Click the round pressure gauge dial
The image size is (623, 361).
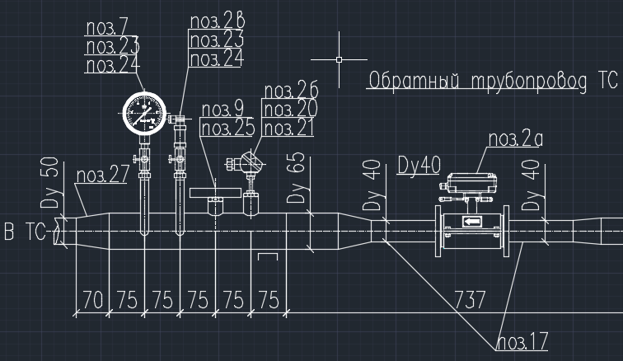click(x=144, y=112)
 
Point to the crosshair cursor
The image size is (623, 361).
click(x=340, y=59)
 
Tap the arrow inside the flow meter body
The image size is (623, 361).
click(x=473, y=223)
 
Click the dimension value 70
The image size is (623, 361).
click(x=93, y=300)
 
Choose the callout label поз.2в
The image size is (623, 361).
click(x=216, y=21)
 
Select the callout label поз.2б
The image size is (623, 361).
click(x=289, y=91)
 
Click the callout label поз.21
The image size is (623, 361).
click(x=288, y=129)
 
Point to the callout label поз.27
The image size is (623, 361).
click(x=101, y=176)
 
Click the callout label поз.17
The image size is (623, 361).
click(x=522, y=341)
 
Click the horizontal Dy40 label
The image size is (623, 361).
click(x=419, y=164)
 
